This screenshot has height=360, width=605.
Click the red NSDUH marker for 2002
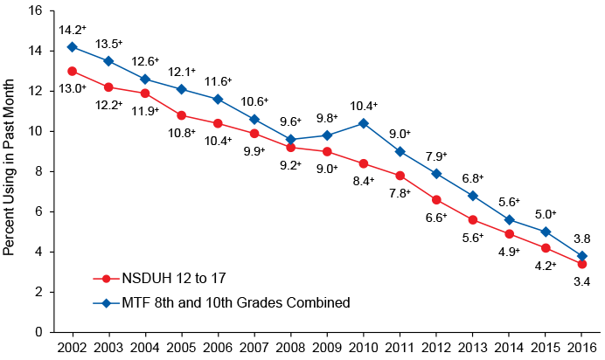coord(72,71)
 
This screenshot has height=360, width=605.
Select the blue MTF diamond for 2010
coord(363,123)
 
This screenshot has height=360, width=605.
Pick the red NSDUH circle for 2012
coord(436,199)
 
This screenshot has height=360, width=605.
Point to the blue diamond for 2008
coord(290,139)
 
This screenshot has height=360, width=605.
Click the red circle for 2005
coord(181,115)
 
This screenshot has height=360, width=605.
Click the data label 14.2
coord(72,31)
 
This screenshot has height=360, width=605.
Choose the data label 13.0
coord(72,88)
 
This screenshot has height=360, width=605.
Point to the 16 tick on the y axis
coord(35,11)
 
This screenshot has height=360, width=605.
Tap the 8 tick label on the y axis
coord(38,171)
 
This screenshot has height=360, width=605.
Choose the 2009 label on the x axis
coord(327,347)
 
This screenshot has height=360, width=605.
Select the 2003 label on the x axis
coord(108,347)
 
